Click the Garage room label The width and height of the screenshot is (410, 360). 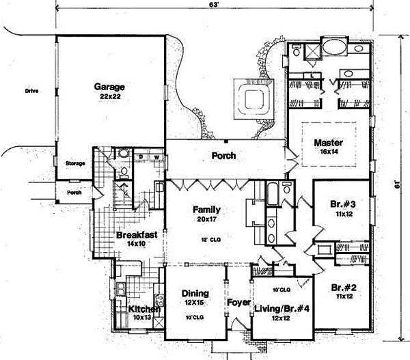pos(109,87)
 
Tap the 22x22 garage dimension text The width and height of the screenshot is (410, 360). pos(109,98)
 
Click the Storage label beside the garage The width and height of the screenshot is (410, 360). pos(74,164)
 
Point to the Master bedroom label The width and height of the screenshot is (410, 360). pos(327,143)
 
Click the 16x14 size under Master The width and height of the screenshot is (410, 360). pos(327,152)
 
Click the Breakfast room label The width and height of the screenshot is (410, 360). pos(137,234)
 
